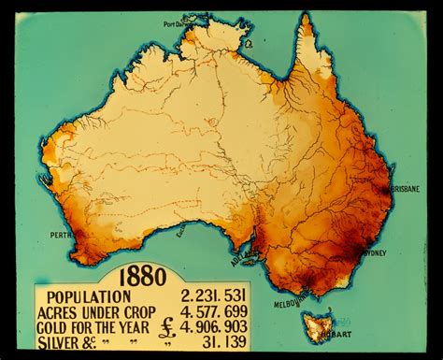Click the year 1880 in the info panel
click(142, 277)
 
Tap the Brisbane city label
click(404, 188)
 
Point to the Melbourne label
click(293, 301)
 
